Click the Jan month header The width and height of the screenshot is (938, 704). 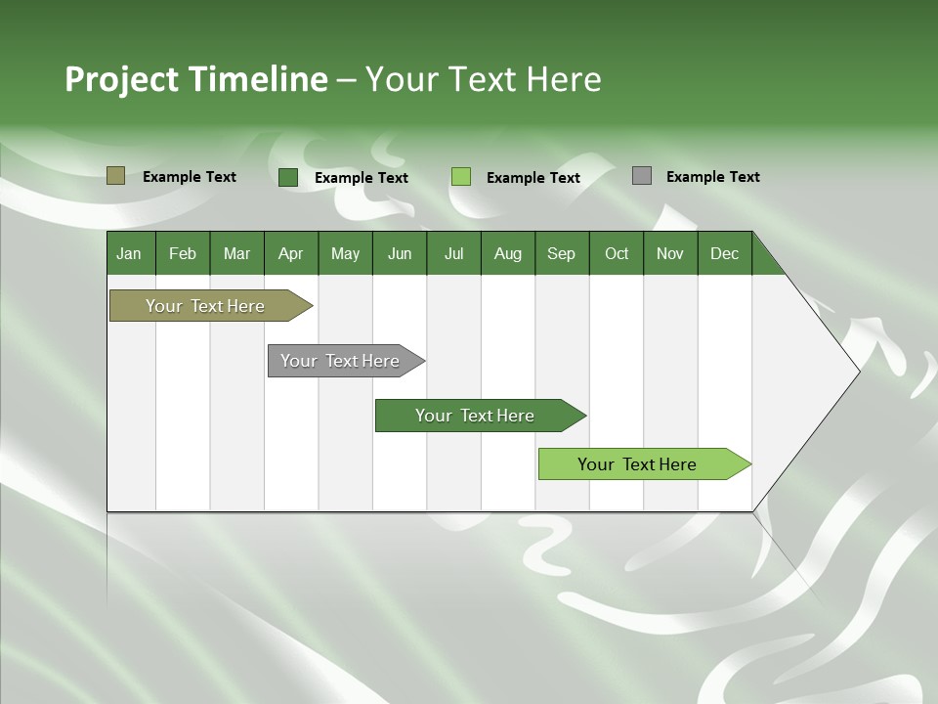pos(129,254)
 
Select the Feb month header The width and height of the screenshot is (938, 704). pos(183,254)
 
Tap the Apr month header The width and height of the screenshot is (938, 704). pos(291,254)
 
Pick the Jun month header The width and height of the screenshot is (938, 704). pos(400,254)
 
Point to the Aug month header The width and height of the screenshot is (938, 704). pos(508,254)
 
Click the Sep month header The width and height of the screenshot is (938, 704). pos(562,254)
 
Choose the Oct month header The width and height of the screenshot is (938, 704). pos(617,254)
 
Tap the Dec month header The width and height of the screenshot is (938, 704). pos(725,254)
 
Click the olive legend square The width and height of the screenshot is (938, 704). pos(115,176)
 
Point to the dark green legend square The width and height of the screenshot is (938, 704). pos(288,177)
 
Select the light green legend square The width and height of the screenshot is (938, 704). pos(461,176)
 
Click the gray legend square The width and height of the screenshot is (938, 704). pos(642,176)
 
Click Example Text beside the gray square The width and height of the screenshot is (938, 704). pos(712,177)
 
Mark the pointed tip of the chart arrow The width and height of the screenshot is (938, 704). pos(858,371)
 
